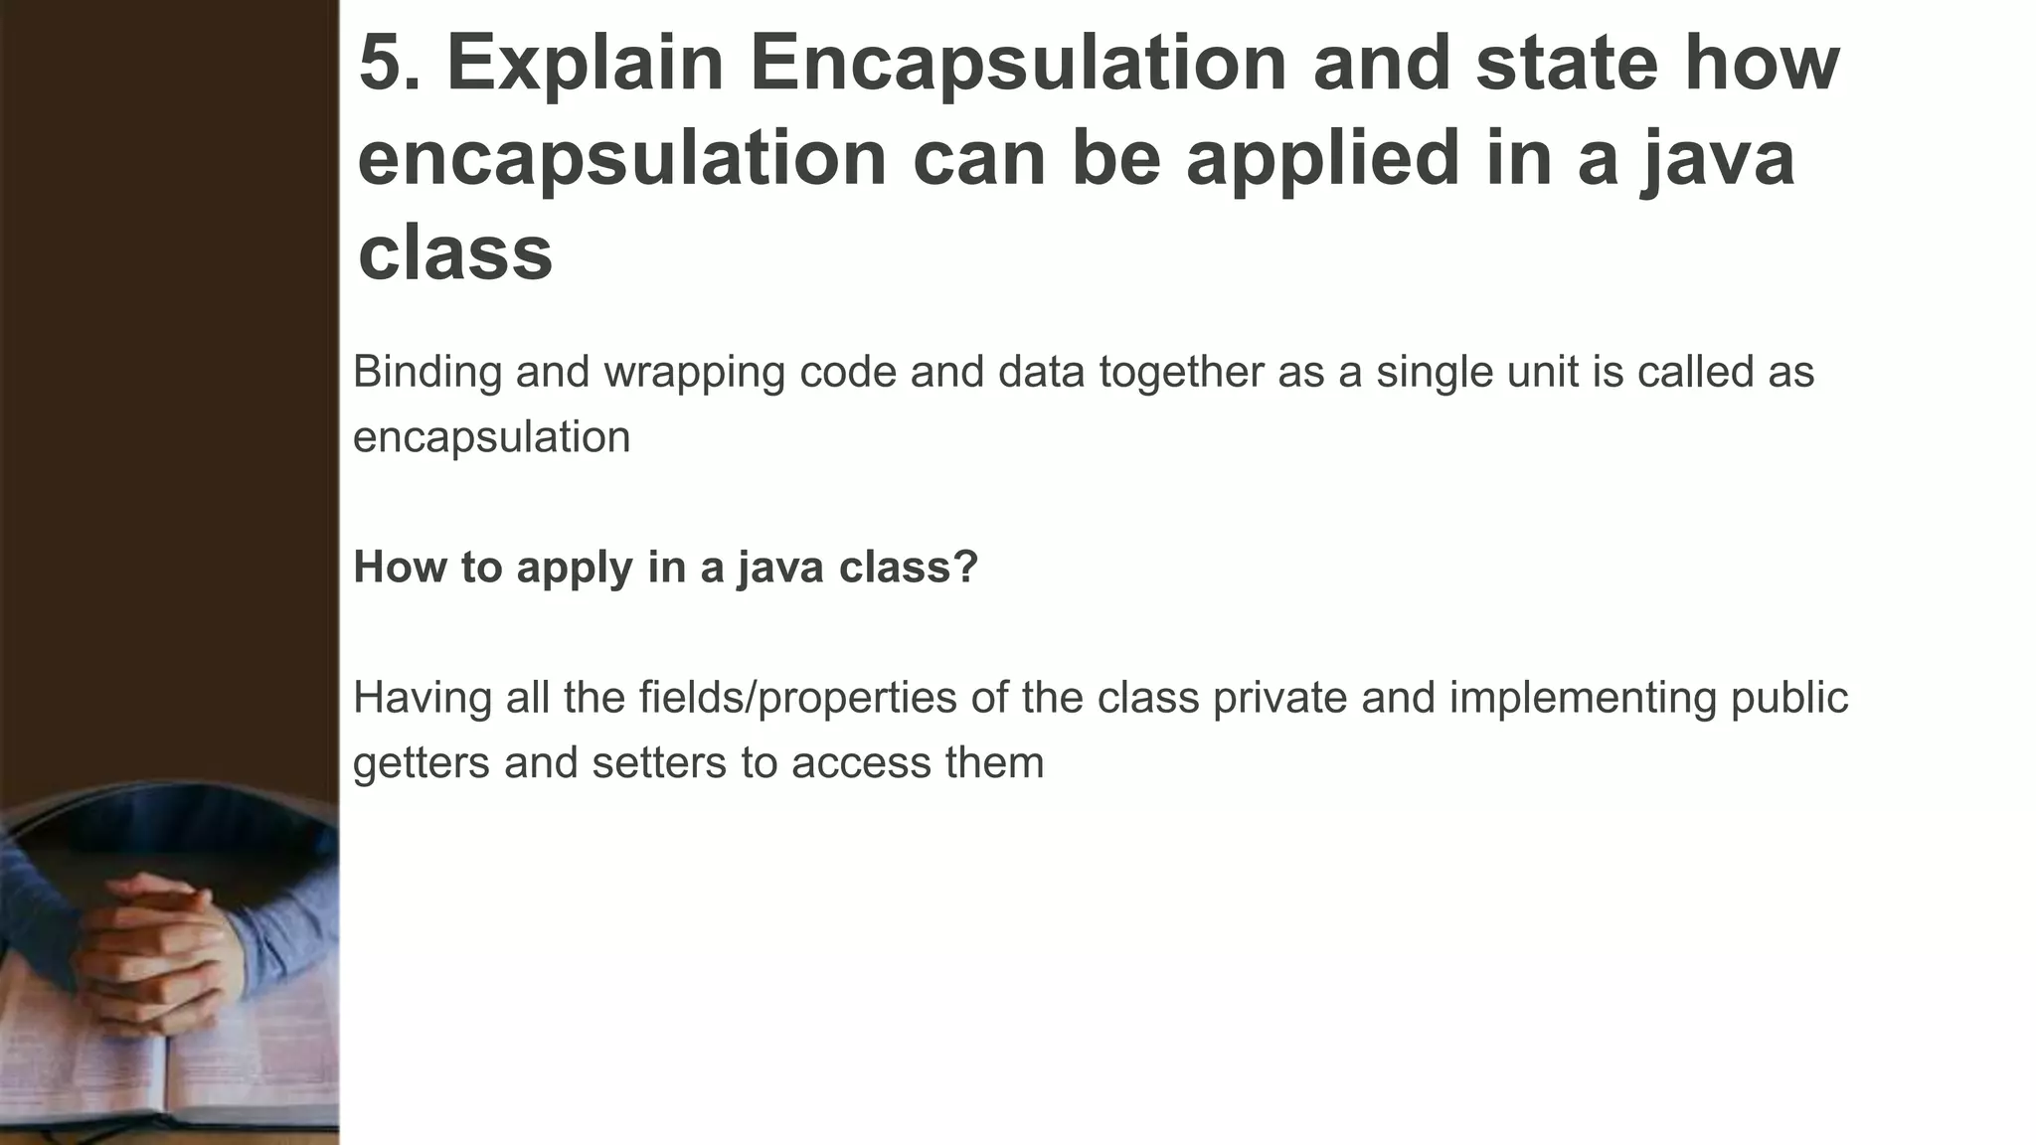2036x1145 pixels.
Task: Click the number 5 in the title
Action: (x=381, y=64)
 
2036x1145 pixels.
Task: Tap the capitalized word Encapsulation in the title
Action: (x=1018, y=64)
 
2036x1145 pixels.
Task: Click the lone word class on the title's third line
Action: (x=454, y=252)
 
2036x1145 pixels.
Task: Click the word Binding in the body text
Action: (x=427, y=372)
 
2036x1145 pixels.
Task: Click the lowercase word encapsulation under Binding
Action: (x=491, y=437)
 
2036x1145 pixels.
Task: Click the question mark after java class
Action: (x=967, y=568)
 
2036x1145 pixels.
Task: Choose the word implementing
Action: (x=1583, y=699)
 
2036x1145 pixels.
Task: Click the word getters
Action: (x=422, y=764)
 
